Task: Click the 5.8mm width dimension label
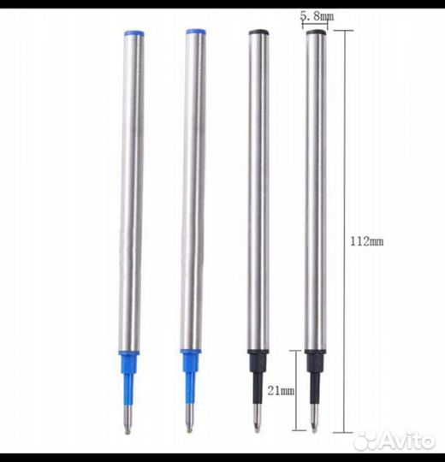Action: [x=317, y=16]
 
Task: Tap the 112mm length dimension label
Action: [x=367, y=241]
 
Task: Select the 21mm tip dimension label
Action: [x=281, y=391]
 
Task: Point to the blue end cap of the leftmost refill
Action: [x=134, y=33]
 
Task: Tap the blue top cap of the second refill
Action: [x=196, y=32]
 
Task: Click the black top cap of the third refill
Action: [x=258, y=33]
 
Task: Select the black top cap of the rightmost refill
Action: [x=317, y=33]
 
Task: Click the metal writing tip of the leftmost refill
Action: [x=128, y=420]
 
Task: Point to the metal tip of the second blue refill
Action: [x=189, y=418]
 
